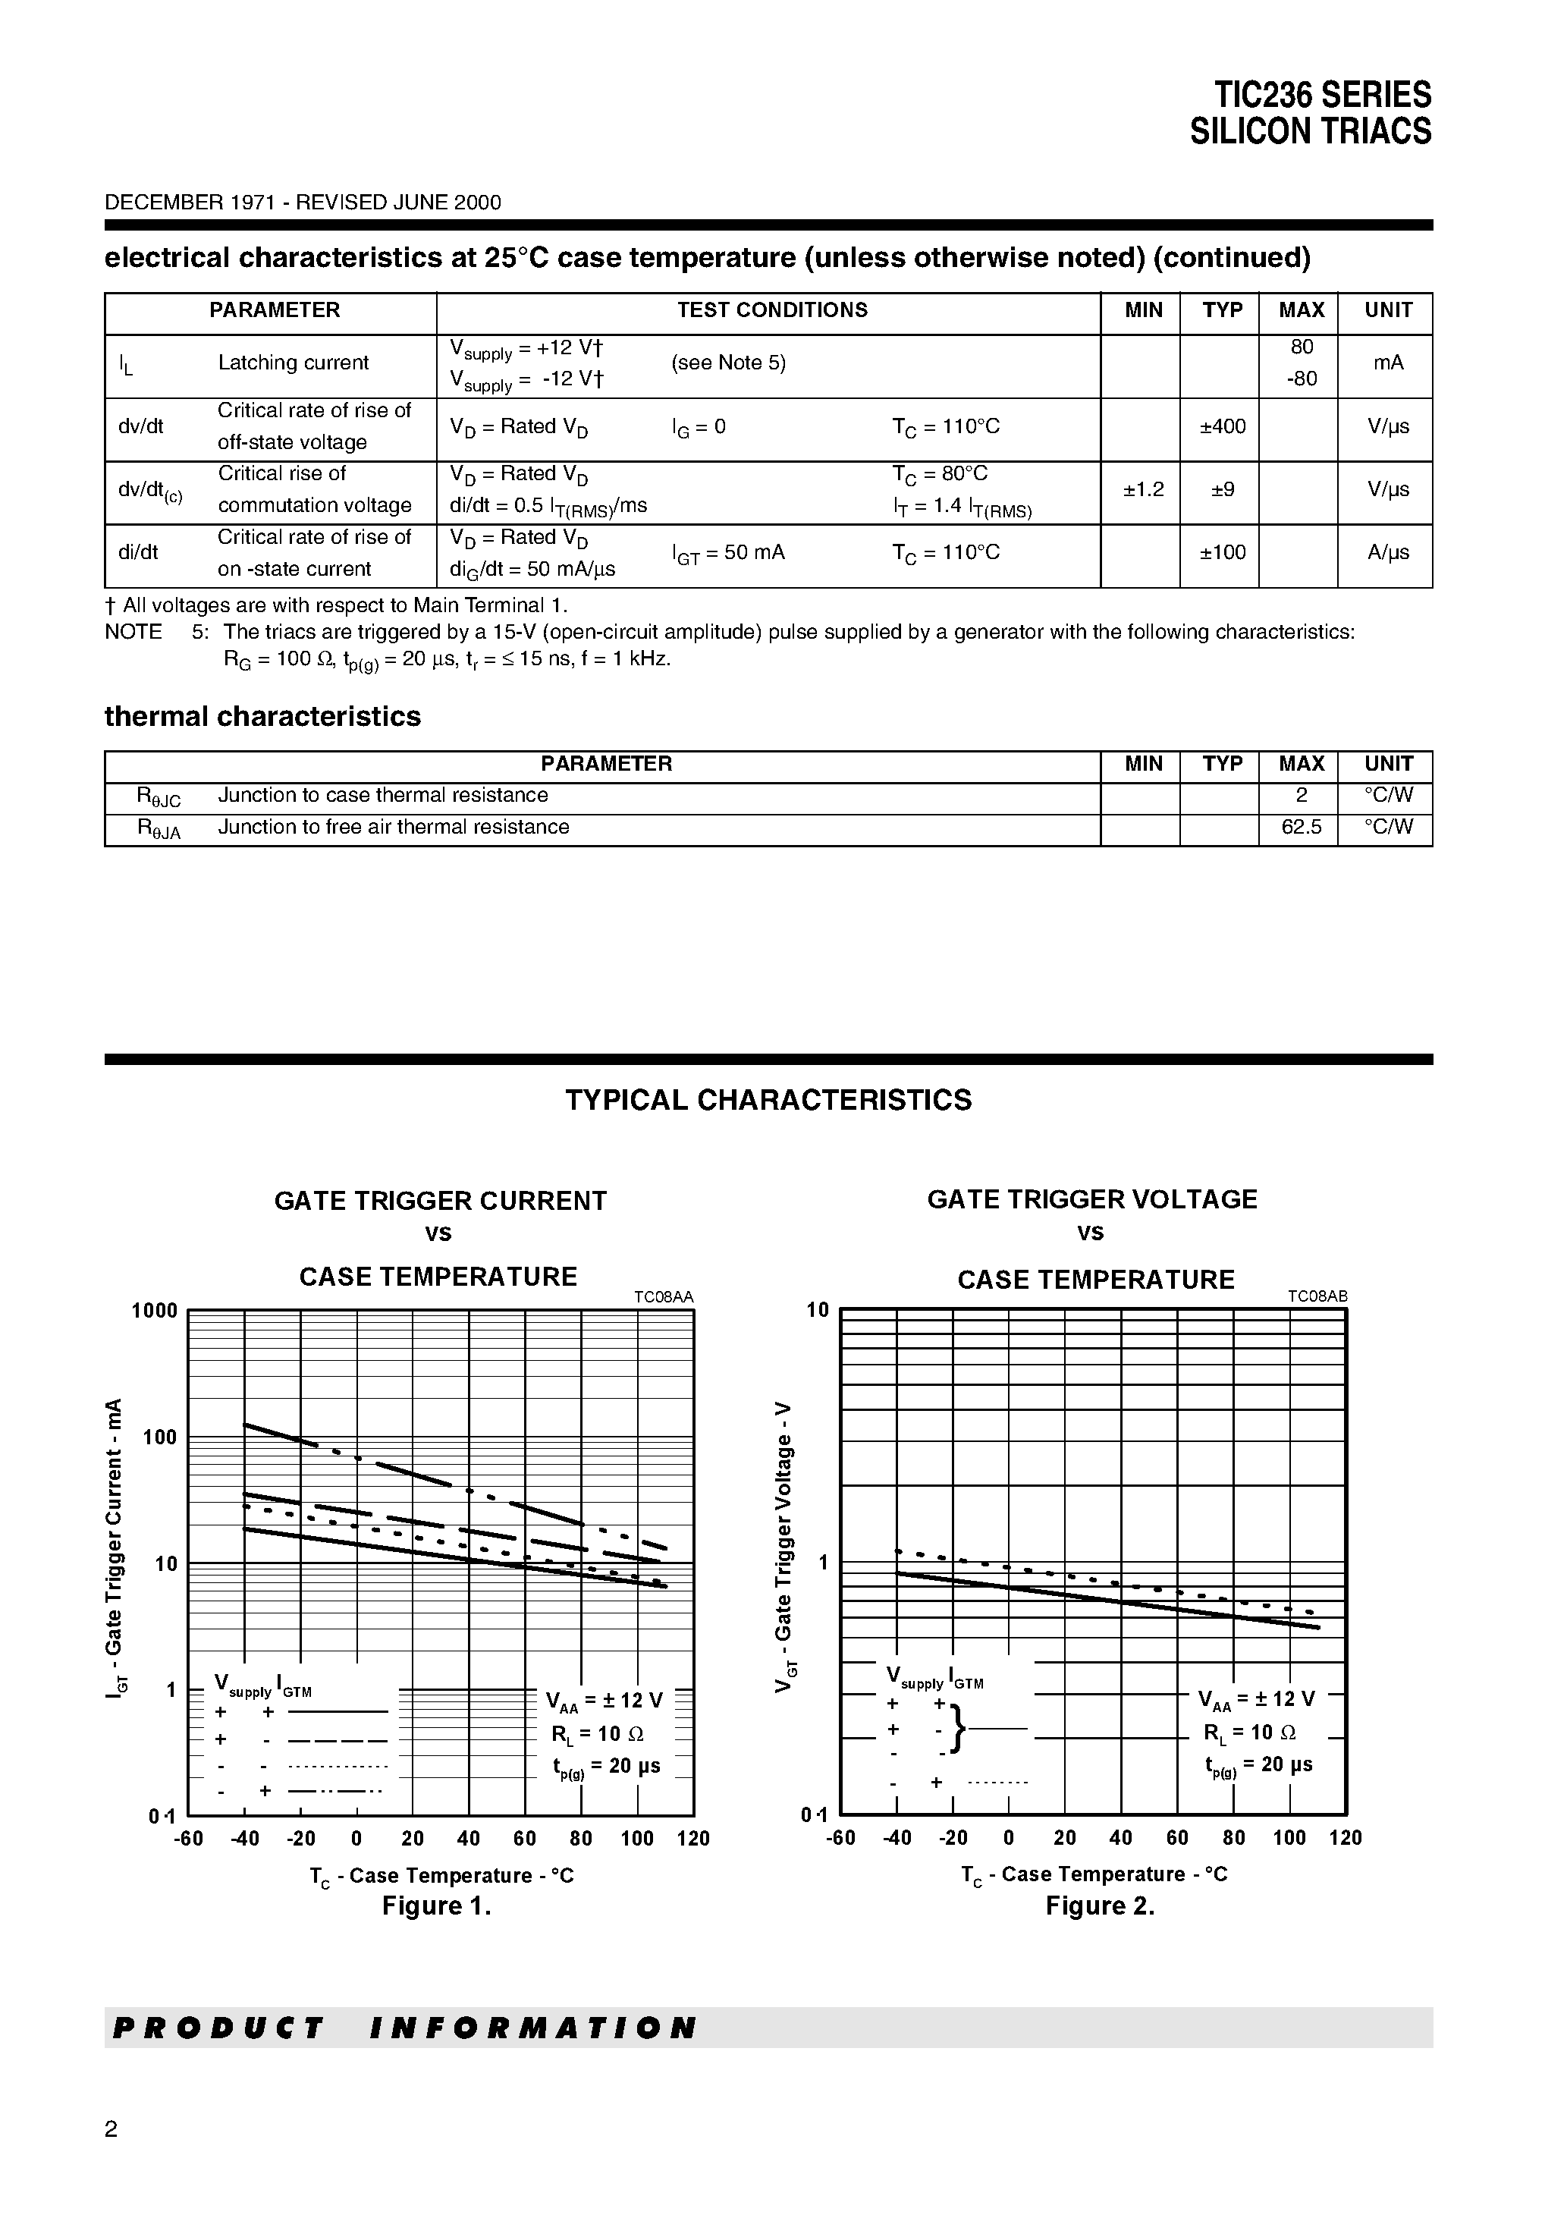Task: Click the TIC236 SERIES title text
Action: (x=1321, y=95)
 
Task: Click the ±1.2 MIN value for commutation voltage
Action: (x=1143, y=490)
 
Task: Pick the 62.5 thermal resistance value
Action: (x=1300, y=827)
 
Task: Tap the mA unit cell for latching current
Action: (x=1387, y=363)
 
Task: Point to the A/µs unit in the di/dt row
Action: (x=1387, y=552)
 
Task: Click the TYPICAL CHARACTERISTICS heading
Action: (x=768, y=1101)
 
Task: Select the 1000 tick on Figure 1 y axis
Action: (x=155, y=1311)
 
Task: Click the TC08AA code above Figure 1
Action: (x=664, y=1297)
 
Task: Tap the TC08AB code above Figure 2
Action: (x=1317, y=1297)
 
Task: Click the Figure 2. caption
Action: (x=1100, y=1906)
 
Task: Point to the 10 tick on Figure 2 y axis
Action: (x=818, y=1311)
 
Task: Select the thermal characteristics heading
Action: (x=262, y=717)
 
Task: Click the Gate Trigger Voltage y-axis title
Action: (x=784, y=1547)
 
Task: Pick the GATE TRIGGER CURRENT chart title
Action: (x=441, y=1201)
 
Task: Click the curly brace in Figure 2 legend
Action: (x=956, y=1729)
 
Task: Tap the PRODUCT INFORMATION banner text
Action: (x=404, y=2028)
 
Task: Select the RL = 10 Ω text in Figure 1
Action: (x=596, y=1734)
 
